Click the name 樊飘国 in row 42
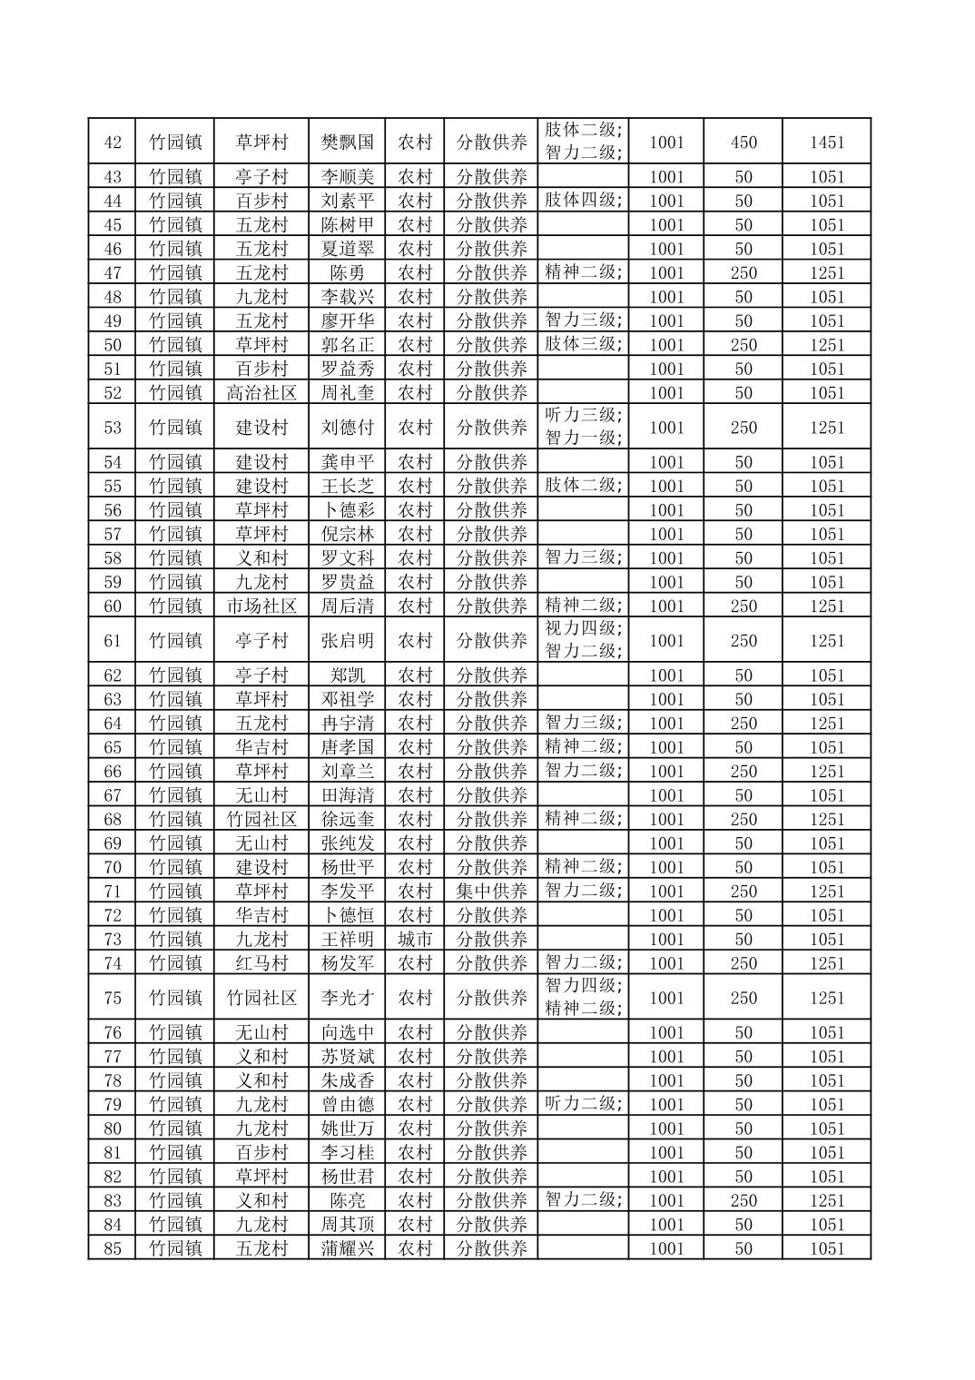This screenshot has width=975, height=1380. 347,142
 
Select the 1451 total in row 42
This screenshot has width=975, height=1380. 826,142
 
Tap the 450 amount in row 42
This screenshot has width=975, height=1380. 743,142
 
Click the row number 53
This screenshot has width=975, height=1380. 113,427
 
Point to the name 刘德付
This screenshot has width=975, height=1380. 347,427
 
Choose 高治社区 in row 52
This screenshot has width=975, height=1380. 261,392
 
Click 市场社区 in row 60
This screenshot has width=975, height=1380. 261,606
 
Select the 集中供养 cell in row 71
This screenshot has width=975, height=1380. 491,891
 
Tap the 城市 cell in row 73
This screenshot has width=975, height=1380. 415,939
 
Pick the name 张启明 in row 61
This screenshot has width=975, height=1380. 347,640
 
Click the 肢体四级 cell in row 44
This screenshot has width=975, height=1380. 582,200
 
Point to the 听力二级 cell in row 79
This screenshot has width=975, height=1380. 582,1103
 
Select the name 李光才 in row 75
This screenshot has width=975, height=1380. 347,997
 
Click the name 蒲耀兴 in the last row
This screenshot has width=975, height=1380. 347,1247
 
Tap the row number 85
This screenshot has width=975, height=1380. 113,1247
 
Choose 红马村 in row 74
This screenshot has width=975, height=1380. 261,962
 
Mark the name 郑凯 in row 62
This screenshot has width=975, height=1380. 347,675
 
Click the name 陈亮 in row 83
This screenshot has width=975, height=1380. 347,1199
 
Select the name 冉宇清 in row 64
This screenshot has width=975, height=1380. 347,723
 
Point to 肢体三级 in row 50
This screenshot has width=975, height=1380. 582,343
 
